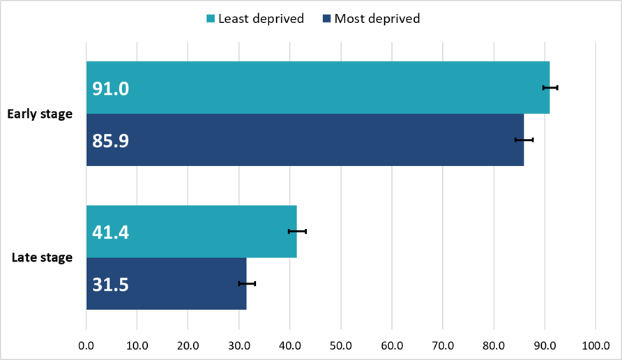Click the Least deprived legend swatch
click(210, 19)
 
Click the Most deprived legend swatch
click(326, 19)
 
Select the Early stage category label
click(40, 114)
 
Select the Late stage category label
click(42, 257)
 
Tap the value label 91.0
click(111, 89)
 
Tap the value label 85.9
click(111, 141)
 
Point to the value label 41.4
click(111, 232)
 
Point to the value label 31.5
click(111, 285)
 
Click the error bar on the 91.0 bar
click(550, 87)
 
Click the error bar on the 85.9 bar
click(524, 140)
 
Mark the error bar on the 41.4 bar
click(297, 231)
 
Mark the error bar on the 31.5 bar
click(247, 283)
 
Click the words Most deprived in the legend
click(377, 19)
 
